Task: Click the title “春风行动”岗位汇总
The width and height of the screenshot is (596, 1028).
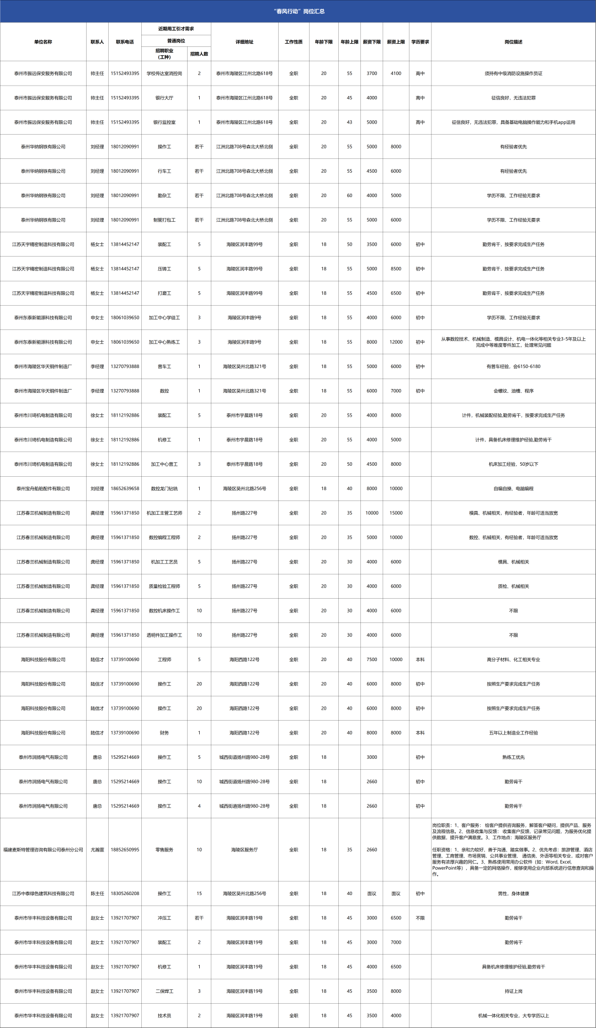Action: (299, 11)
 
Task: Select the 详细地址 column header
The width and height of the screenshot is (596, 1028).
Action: (244, 42)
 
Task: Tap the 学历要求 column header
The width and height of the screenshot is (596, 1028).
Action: (420, 42)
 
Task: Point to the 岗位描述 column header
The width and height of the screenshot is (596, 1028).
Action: (513, 42)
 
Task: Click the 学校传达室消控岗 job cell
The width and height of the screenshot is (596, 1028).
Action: (164, 73)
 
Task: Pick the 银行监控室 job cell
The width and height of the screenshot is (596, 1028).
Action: (164, 122)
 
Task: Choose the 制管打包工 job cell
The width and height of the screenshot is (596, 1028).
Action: (164, 220)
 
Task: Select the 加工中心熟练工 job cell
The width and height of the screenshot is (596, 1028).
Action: (164, 342)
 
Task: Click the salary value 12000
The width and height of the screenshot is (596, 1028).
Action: (396, 342)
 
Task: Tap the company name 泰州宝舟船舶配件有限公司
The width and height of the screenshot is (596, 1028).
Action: (43, 489)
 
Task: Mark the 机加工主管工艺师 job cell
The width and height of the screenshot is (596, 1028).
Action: (164, 513)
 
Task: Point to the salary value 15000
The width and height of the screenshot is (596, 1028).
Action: (396, 513)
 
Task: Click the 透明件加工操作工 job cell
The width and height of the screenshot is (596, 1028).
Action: (164, 635)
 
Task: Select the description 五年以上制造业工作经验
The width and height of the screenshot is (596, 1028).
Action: (513, 733)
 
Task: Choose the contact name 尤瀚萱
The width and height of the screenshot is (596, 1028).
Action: (97, 850)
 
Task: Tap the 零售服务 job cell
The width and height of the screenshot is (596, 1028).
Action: (164, 850)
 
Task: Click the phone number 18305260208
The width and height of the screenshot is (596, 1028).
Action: (125, 893)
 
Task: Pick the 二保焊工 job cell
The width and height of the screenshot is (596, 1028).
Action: (164, 991)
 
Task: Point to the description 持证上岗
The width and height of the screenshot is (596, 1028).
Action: (513, 991)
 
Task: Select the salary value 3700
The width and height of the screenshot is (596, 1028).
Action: (372, 73)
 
